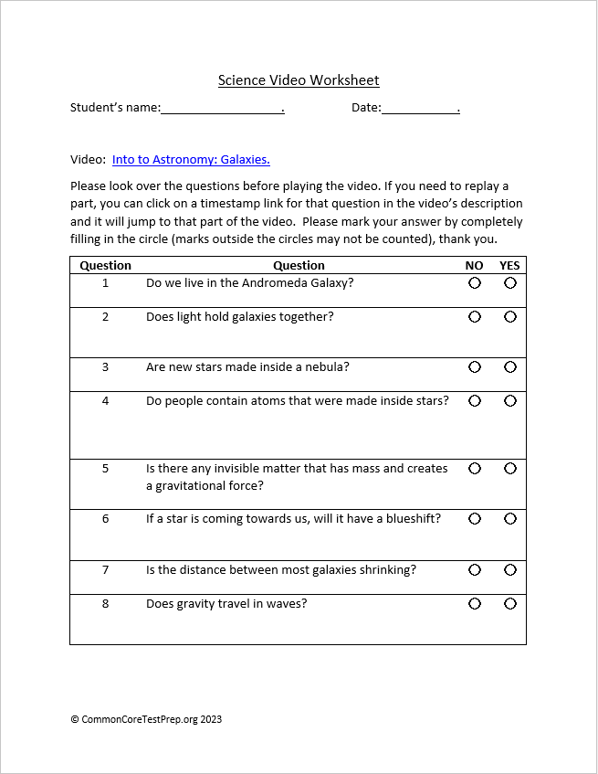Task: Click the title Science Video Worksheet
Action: pos(299,80)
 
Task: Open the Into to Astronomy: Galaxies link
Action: pos(191,159)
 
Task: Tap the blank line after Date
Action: pos(419,109)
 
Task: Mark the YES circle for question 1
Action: pos(509,283)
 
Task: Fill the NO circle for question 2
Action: pos(475,317)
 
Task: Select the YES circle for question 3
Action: pos(509,367)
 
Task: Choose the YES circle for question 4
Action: pos(509,401)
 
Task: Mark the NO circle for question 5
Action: pos(475,469)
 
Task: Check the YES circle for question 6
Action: pos(509,519)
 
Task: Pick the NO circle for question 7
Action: pos(475,570)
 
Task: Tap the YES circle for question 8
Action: pos(509,604)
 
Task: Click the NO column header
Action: pos(474,266)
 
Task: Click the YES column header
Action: pos(509,266)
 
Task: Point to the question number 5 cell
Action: pos(105,469)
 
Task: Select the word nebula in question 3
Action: pos(328,367)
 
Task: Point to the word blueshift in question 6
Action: pos(409,519)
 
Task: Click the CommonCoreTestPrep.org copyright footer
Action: pos(146,719)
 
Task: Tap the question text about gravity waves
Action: pos(226,604)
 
